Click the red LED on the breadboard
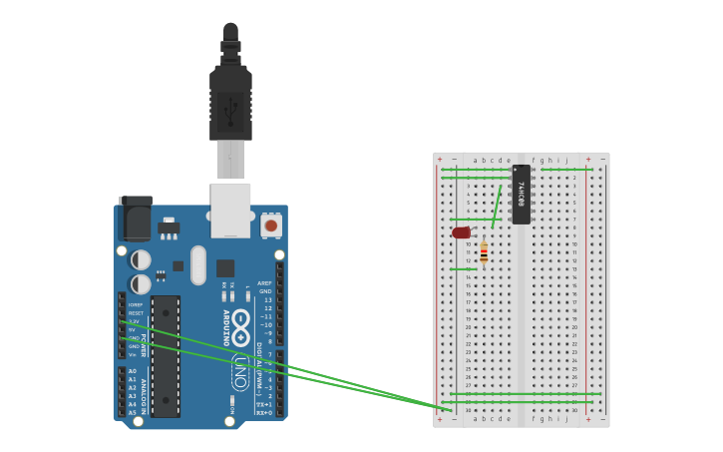(x=461, y=232)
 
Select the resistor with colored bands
(x=484, y=252)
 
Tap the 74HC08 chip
(x=521, y=194)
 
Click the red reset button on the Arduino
(x=270, y=226)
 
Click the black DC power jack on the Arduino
(x=135, y=217)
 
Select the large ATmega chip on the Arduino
(x=166, y=355)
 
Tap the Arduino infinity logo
(x=240, y=328)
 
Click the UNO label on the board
(x=239, y=372)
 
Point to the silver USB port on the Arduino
(x=230, y=210)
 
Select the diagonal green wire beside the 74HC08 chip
(x=497, y=207)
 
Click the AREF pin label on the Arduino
(x=264, y=283)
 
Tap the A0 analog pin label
(x=133, y=371)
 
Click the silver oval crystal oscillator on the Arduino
(x=198, y=264)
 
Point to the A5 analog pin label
(x=133, y=412)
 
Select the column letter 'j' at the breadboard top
(x=566, y=160)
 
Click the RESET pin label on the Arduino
(x=136, y=313)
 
